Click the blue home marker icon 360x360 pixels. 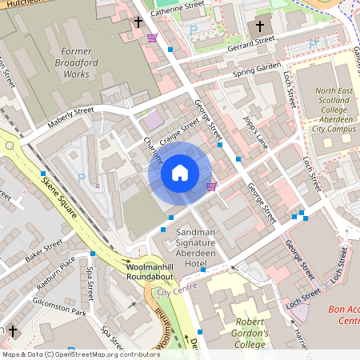pyautogui.click(x=180, y=173)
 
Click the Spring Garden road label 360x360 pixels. pyautogui.click(x=257, y=70)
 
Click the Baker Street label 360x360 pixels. pyautogui.click(x=43, y=250)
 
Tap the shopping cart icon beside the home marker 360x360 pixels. pyautogui.click(x=211, y=186)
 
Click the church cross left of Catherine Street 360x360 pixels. pyautogui.click(x=138, y=23)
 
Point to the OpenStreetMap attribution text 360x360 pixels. pyautogui.click(x=80, y=354)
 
